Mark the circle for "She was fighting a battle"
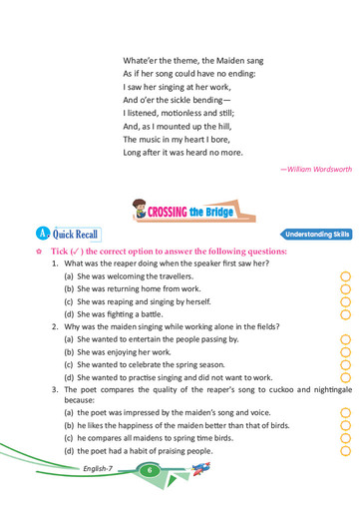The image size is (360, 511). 346,313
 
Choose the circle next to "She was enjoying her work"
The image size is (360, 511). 346,351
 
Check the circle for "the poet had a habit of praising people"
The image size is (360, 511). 346,450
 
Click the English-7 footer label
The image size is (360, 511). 101,468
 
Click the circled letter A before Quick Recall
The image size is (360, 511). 38,234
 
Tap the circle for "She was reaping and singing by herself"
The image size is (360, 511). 346,300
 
